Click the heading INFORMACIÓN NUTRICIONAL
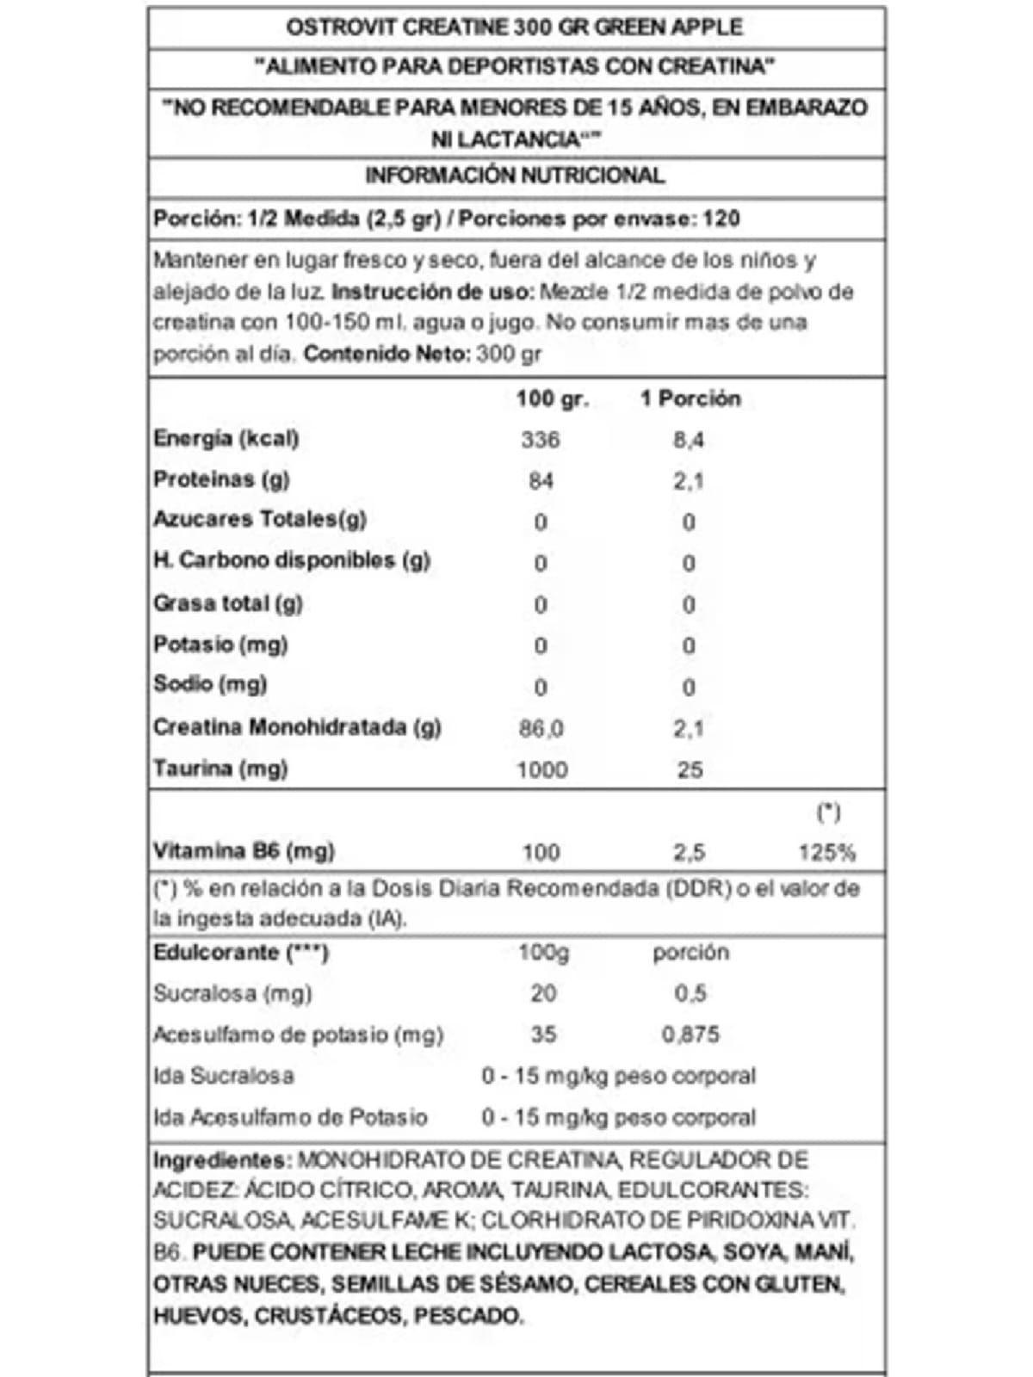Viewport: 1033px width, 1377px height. pos(515,176)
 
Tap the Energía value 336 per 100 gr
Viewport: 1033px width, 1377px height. pos(540,440)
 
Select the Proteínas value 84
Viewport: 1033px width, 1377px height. pos(541,480)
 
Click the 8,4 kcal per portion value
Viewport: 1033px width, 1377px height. pos(688,440)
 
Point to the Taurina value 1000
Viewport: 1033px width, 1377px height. pos(541,769)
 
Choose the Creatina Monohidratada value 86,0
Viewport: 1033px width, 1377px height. pos(541,729)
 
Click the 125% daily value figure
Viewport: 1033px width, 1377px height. pos(826,852)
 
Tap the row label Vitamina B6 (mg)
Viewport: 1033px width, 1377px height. pos(244,851)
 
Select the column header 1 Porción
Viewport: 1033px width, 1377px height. pos(690,398)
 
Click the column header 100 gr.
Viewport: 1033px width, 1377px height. pos(552,398)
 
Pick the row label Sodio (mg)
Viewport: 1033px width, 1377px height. pos(210,684)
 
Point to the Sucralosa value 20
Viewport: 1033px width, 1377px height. pos(542,993)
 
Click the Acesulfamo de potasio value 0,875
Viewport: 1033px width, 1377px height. pos(690,1034)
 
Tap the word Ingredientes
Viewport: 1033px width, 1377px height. pos(219,1159)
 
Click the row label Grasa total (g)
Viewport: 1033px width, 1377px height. pos(227,603)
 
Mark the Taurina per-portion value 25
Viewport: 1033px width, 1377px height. pos(690,769)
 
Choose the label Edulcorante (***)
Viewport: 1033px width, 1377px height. pos(240,953)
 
